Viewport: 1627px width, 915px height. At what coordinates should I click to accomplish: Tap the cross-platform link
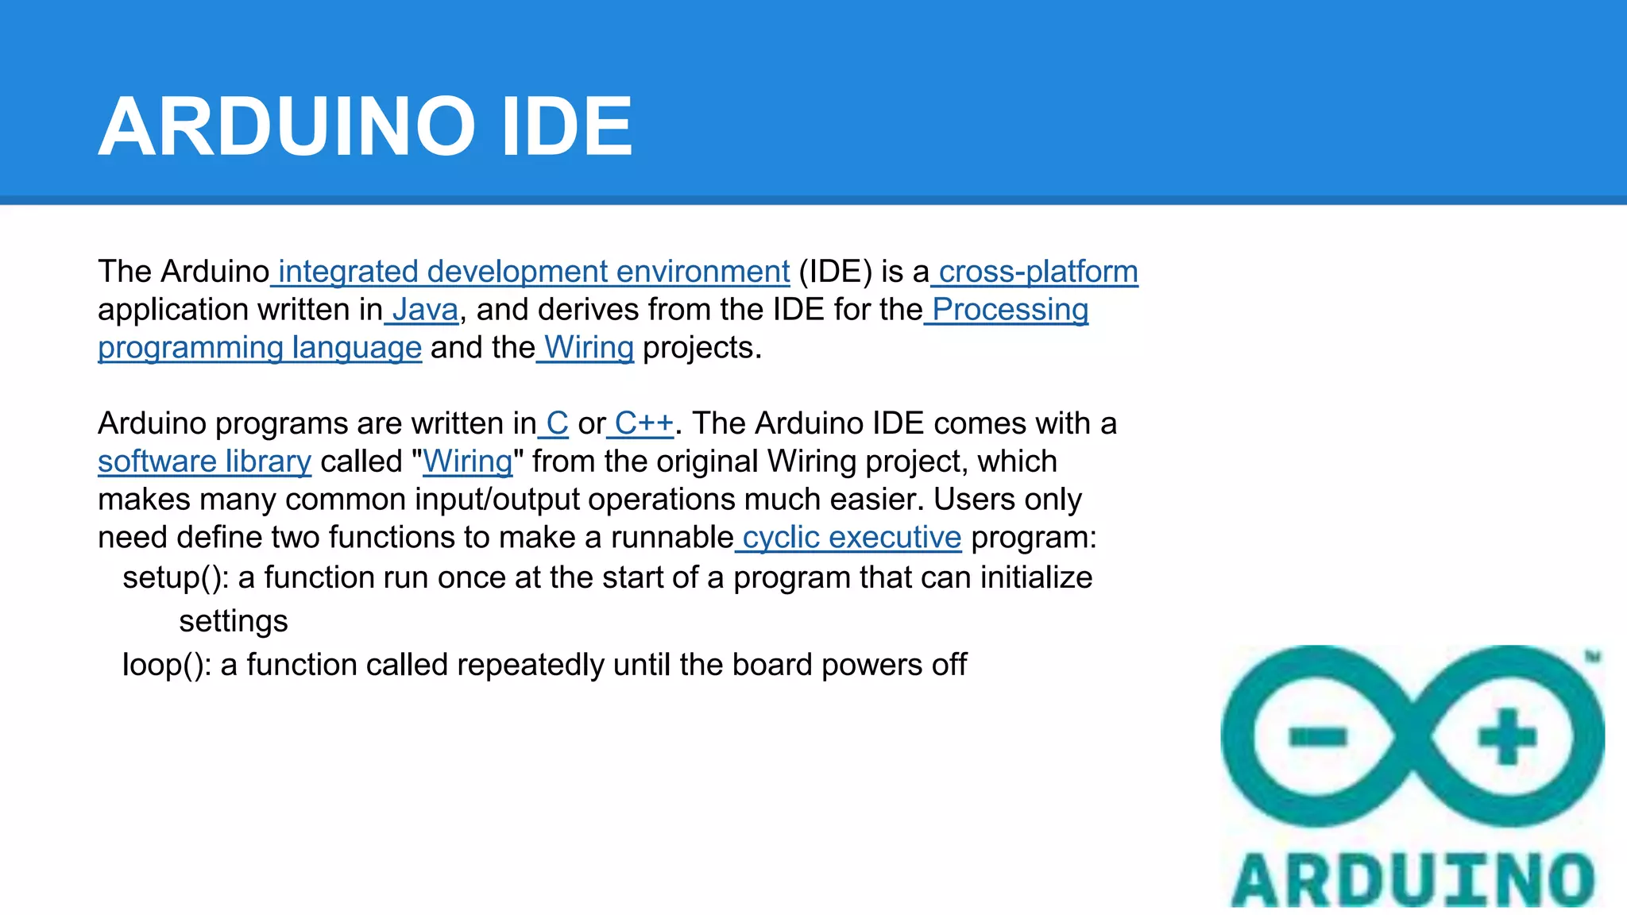1038,272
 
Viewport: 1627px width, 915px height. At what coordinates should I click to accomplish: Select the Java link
424,311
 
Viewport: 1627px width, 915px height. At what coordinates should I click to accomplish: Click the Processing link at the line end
1009,311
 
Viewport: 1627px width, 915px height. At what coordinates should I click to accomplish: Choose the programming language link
260,349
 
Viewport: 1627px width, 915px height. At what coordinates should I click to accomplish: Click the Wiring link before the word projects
588,349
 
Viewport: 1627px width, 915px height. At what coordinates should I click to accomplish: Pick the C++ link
643,424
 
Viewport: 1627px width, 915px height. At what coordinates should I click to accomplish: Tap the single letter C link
557,424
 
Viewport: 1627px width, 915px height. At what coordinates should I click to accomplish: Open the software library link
204,462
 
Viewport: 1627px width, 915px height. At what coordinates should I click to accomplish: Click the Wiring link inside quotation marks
468,462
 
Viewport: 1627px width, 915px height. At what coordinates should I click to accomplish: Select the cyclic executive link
851,539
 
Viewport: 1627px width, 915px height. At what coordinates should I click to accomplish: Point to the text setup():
176,578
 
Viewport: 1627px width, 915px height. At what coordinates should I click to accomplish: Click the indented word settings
233,622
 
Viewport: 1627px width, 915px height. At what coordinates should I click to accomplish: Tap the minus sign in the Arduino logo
1318,737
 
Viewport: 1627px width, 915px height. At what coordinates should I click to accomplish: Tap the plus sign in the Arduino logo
1506,736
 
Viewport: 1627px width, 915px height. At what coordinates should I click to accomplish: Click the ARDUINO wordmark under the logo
1413,880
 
